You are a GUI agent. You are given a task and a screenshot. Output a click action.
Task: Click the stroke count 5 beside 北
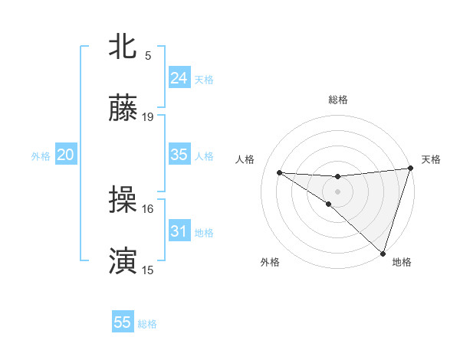[x=148, y=56]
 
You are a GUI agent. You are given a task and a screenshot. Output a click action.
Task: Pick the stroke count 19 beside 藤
[x=148, y=117]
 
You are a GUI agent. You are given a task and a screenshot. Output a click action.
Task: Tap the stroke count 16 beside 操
[x=148, y=208]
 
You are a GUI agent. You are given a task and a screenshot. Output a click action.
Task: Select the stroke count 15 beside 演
[x=148, y=270]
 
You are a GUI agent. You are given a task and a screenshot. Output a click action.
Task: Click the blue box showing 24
[x=179, y=78]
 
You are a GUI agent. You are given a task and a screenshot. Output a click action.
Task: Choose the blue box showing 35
[x=179, y=155]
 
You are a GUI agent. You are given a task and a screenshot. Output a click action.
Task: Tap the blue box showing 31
[x=179, y=231]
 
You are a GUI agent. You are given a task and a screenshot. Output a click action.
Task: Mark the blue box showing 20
[x=66, y=155]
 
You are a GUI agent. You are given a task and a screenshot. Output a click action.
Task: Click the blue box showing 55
[x=123, y=322]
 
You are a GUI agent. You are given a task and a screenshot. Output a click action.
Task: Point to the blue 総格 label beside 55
[x=147, y=324]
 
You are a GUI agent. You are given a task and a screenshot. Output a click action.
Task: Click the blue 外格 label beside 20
[x=41, y=156]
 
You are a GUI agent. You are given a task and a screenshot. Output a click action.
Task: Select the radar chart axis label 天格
[x=431, y=159]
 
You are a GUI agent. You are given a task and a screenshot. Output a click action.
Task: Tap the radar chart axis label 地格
[x=402, y=262]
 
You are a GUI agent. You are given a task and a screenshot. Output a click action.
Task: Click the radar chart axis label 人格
[x=246, y=159]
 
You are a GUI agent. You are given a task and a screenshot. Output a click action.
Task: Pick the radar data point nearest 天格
[x=410, y=169]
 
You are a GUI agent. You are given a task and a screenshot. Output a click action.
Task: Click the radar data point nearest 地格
[x=383, y=253]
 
